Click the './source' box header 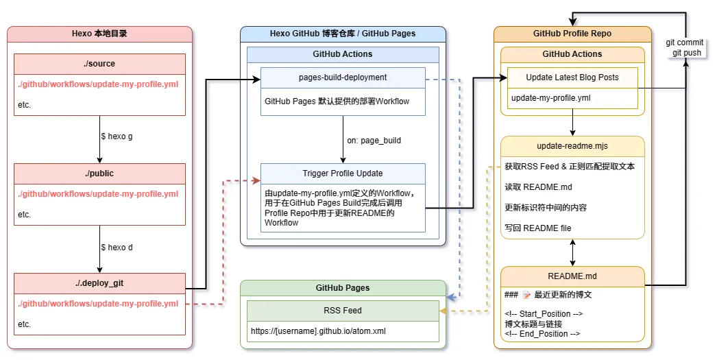(99, 64)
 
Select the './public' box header (99, 173)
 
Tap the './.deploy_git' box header (99, 283)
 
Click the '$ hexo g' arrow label (117, 136)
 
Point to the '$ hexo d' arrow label (117, 247)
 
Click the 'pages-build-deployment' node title (343, 77)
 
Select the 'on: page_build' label (374, 141)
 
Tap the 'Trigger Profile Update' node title (343, 173)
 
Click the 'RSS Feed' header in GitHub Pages (343, 311)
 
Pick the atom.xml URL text (318, 330)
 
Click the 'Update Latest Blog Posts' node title (572, 77)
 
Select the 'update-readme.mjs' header (572, 146)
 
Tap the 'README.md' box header (572, 276)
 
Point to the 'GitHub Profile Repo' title (572, 33)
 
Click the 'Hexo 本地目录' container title (99, 33)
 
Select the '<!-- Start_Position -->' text (543, 314)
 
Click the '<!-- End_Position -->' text (542, 334)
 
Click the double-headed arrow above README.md (572, 252)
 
